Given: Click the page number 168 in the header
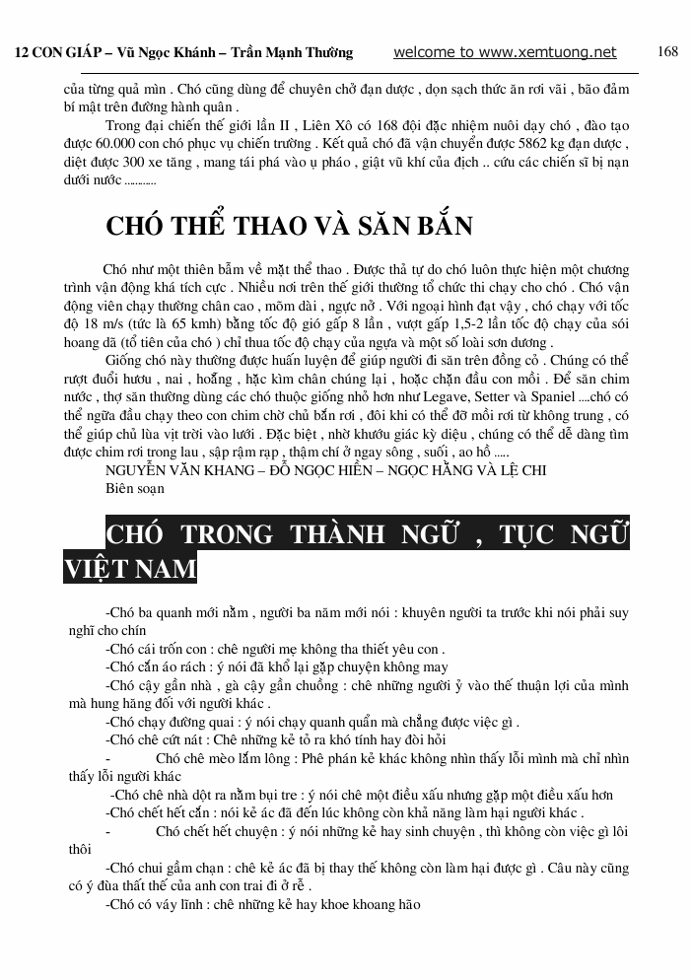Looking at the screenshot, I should coord(667,52).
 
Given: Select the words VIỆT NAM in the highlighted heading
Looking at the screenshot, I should coord(130,569).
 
